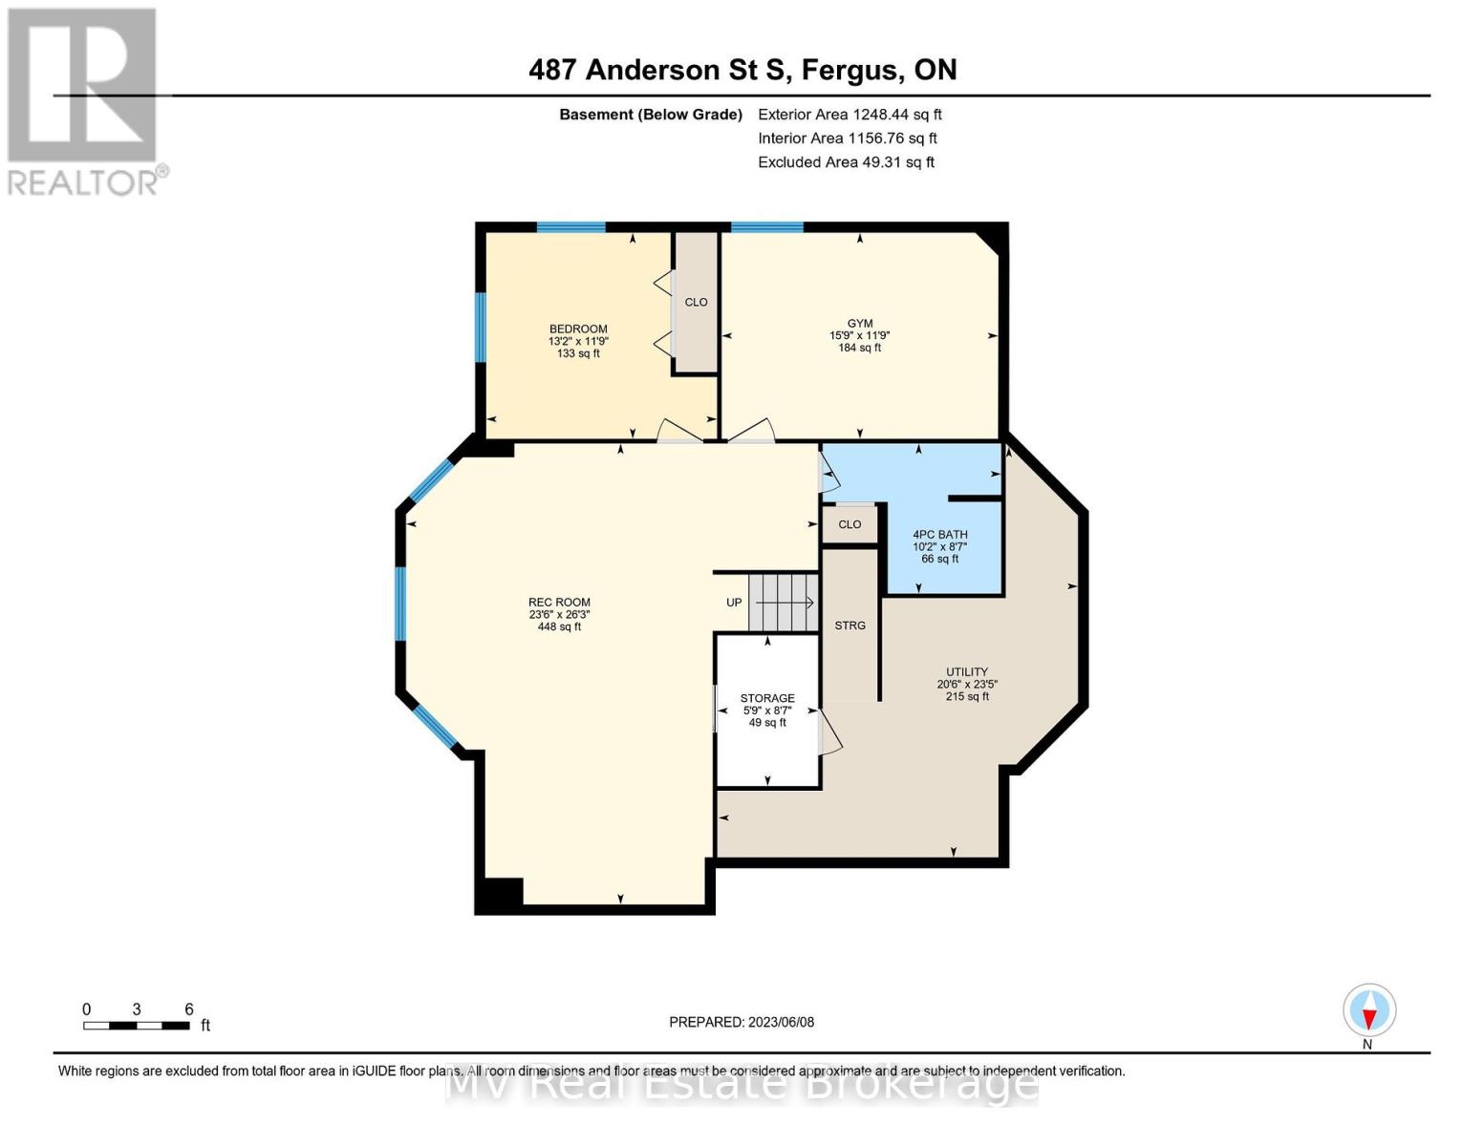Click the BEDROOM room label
(578, 329)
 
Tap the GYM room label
(860, 324)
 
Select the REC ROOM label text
(559, 603)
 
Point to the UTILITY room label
(967, 672)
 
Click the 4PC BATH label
(939, 535)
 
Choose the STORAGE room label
(767, 698)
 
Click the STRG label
(850, 626)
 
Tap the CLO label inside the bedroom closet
(696, 303)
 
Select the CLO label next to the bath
(850, 524)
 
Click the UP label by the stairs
(734, 603)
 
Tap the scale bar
(136, 1026)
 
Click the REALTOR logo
(84, 100)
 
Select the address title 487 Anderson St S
(742, 70)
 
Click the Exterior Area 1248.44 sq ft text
(850, 115)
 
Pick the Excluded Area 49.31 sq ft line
(846, 162)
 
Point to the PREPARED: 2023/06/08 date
(742, 1022)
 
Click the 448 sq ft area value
(559, 627)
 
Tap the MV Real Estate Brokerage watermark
(742, 1085)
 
